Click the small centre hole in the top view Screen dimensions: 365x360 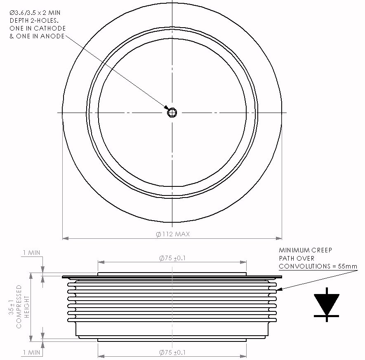(x=172, y=113)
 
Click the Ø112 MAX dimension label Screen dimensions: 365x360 (x=173, y=234)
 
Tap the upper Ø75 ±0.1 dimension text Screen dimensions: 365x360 (x=172, y=258)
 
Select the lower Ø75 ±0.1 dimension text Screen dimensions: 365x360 (x=172, y=353)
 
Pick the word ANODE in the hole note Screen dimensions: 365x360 (x=52, y=36)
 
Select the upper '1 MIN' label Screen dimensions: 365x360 (x=31, y=252)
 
